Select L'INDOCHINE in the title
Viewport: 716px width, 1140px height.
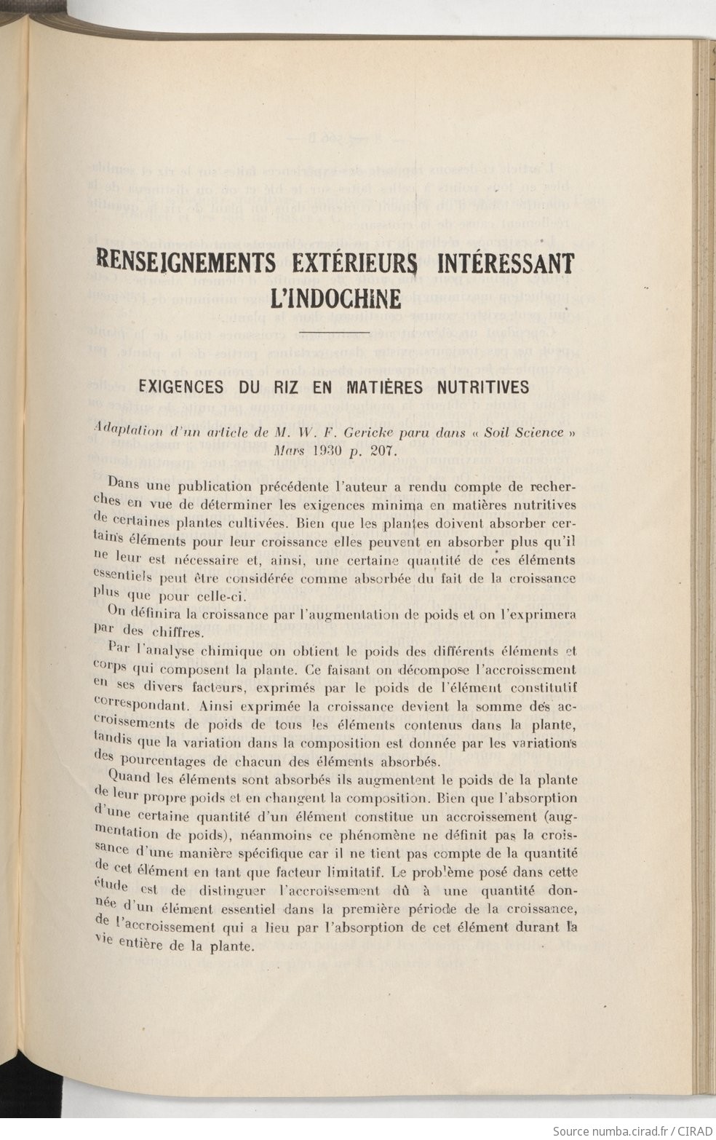tap(335, 299)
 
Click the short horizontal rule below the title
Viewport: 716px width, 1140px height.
tap(335, 333)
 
